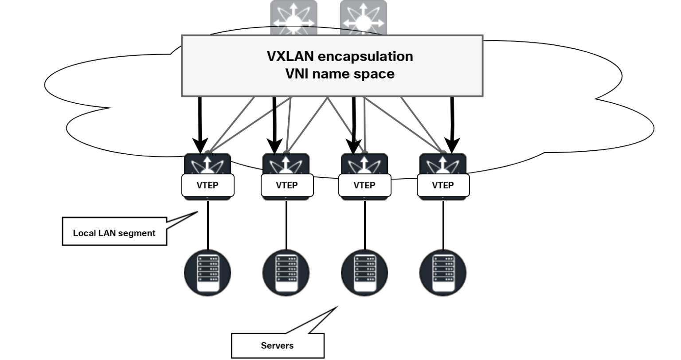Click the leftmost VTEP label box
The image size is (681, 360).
207,185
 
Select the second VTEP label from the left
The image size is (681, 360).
286,185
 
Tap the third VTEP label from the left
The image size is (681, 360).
364,185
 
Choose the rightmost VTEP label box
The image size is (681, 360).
443,185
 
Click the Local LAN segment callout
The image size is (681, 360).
114,233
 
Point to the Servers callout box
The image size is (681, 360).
277,345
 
